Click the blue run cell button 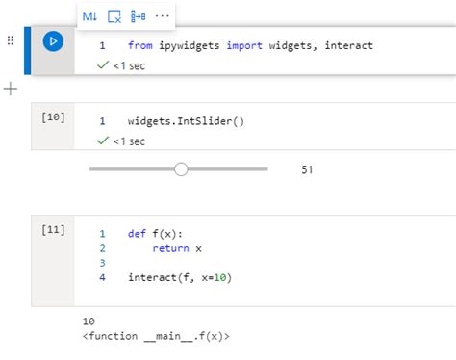coord(54,40)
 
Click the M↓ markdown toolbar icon coord(89,16)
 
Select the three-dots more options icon coord(162,16)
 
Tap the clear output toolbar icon coord(114,16)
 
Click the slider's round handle coord(181,169)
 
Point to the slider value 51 coord(308,170)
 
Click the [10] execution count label coord(53,116)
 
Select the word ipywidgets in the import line coord(191,45)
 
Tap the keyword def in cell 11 coord(137,234)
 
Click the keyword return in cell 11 coord(170,248)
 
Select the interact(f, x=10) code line coord(180,277)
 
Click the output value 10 coord(89,321)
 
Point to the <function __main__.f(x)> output coord(156,336)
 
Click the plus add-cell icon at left coord(11,89)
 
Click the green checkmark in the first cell coord(103,65)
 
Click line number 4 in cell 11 coord(102,277)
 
